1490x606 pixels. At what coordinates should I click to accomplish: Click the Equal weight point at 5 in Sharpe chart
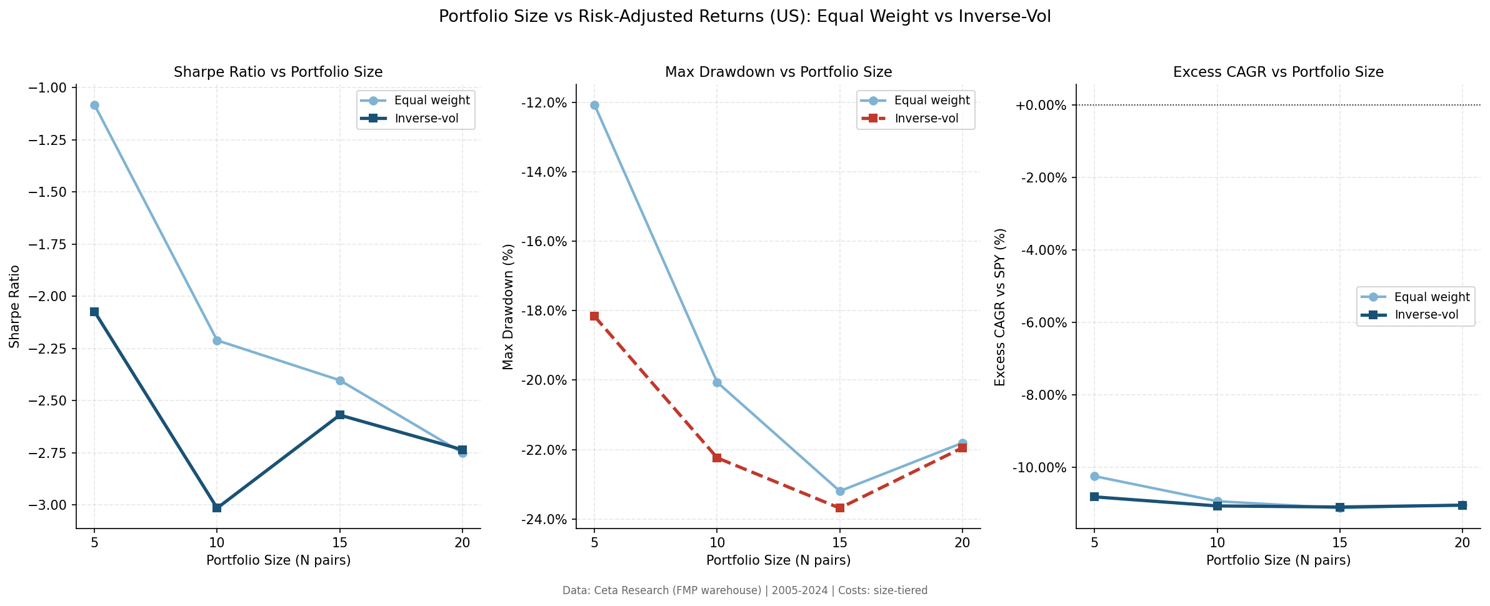click(x=94, y=105)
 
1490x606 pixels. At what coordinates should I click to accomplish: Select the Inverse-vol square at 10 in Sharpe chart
click(x=217, y=508)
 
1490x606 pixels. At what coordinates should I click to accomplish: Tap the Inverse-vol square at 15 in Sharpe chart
click(x=340, y=415)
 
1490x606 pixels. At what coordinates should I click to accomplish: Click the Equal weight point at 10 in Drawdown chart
click(x=717, y=382)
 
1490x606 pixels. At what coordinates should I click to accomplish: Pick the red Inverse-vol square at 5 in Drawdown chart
click(x=594, y=316)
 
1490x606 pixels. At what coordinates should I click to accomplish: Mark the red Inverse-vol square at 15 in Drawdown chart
click(x=840, y=508)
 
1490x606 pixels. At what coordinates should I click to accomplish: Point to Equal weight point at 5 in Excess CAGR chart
click(x=1094, y=476)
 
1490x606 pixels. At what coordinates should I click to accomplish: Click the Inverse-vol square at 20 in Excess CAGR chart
click(x=1462, y=505)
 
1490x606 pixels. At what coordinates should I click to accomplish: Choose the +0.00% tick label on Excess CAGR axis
click(x=1040, y=105)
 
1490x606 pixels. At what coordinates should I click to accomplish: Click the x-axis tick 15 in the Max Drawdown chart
click(x=840, y=543)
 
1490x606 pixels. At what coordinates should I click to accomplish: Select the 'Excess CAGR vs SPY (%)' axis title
click(x=1000, y=307)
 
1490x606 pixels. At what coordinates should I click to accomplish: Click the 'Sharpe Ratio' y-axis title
click(x=14, y=307)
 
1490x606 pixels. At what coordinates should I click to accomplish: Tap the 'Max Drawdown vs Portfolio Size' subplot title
click(x=778, y=72)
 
